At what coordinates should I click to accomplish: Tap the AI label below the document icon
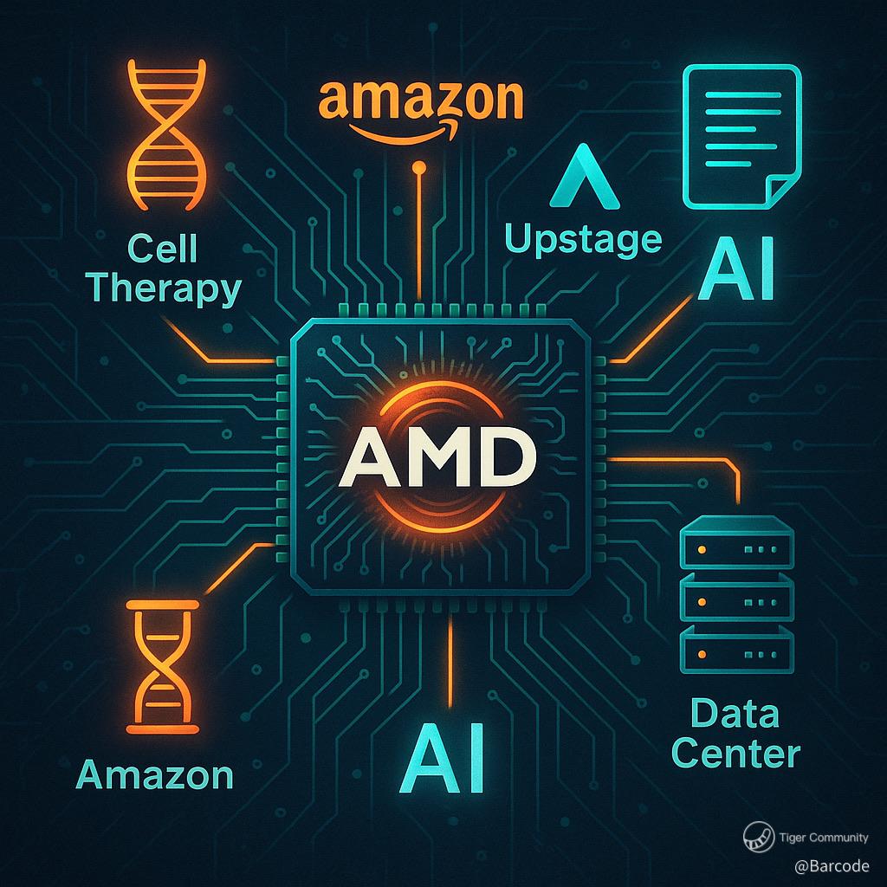pos(735,271)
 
